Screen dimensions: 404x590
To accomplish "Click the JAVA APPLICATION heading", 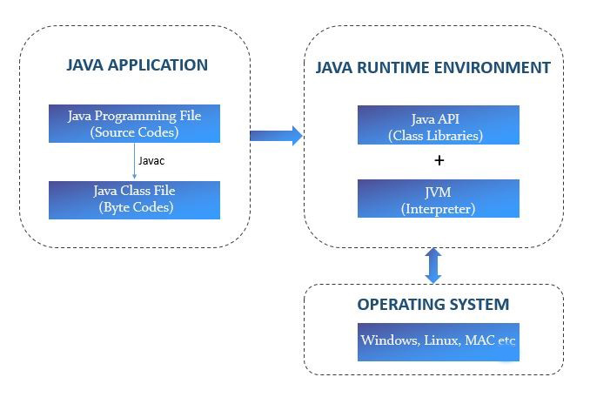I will coord(137,65).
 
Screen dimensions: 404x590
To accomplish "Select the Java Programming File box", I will coord(134,124).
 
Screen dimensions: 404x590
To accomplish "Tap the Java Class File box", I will coord(134,199).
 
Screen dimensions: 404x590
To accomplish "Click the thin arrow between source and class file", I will coord(135,162).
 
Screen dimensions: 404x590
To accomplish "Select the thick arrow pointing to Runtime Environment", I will coord(275,135).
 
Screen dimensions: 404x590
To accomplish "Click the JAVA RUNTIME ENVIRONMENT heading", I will coord(432,68).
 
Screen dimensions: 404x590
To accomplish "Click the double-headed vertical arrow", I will coord(432,265).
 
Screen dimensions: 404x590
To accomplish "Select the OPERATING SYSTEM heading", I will coord(432,305).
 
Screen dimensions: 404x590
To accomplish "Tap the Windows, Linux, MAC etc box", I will coord(439,340).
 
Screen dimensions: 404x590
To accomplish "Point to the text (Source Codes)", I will coord(134,132).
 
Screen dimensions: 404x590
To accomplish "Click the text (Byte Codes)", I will coord(134,207).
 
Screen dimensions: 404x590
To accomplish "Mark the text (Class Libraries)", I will coord(439,136).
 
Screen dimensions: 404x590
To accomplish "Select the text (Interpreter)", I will coord(439,209).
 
